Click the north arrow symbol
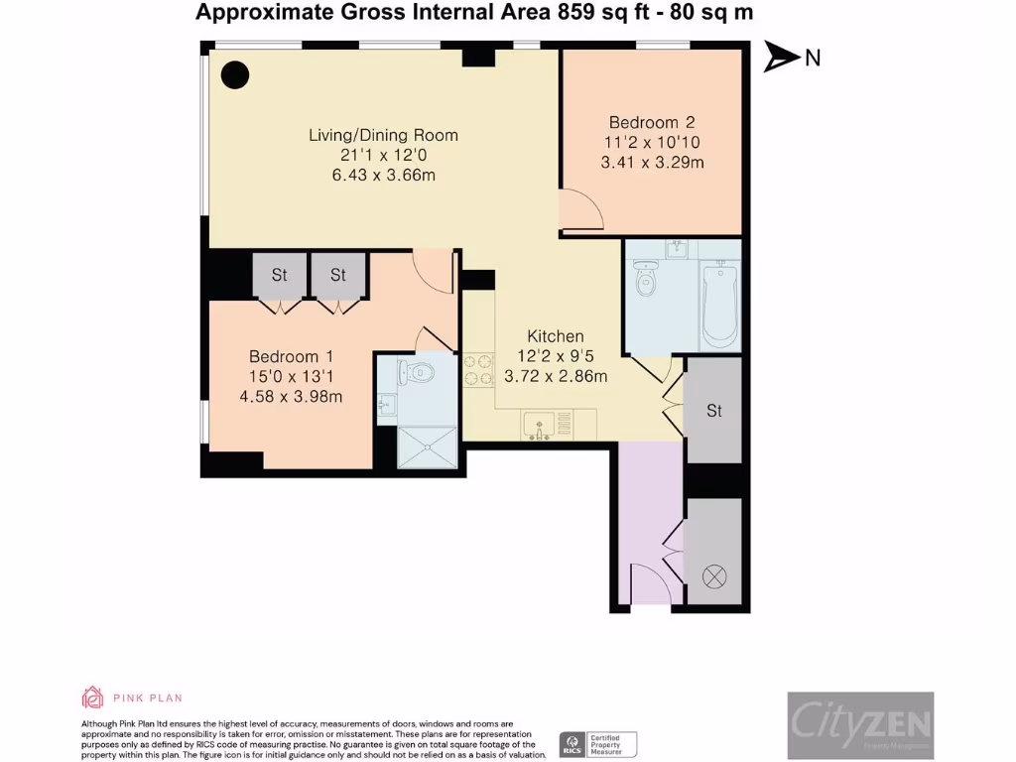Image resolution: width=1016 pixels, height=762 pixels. pos(781,58)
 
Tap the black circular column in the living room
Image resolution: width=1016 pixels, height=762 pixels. pos(234,75)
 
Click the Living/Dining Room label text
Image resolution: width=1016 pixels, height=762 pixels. pos(383,136)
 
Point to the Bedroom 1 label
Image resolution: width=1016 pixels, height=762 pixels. pos(291,357)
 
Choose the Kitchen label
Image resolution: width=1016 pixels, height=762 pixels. pos(556,336)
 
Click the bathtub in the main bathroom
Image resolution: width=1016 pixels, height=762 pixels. pos(717,303)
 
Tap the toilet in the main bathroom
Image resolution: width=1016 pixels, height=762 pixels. pos(647,279)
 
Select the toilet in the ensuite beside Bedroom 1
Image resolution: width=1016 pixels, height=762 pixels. pos(418,373)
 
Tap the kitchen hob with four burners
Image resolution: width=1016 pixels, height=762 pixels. pos(479,369)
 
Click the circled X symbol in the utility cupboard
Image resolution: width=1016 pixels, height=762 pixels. pos(714,574)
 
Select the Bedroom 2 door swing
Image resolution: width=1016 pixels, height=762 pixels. pos(580,210)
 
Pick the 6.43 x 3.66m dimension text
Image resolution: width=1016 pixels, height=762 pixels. pos(383,176)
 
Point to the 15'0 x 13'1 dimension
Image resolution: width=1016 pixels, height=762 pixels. pos(291,377)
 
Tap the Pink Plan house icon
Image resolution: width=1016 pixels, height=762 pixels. pos(92,698)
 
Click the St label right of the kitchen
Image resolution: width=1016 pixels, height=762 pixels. pos(714,411)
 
